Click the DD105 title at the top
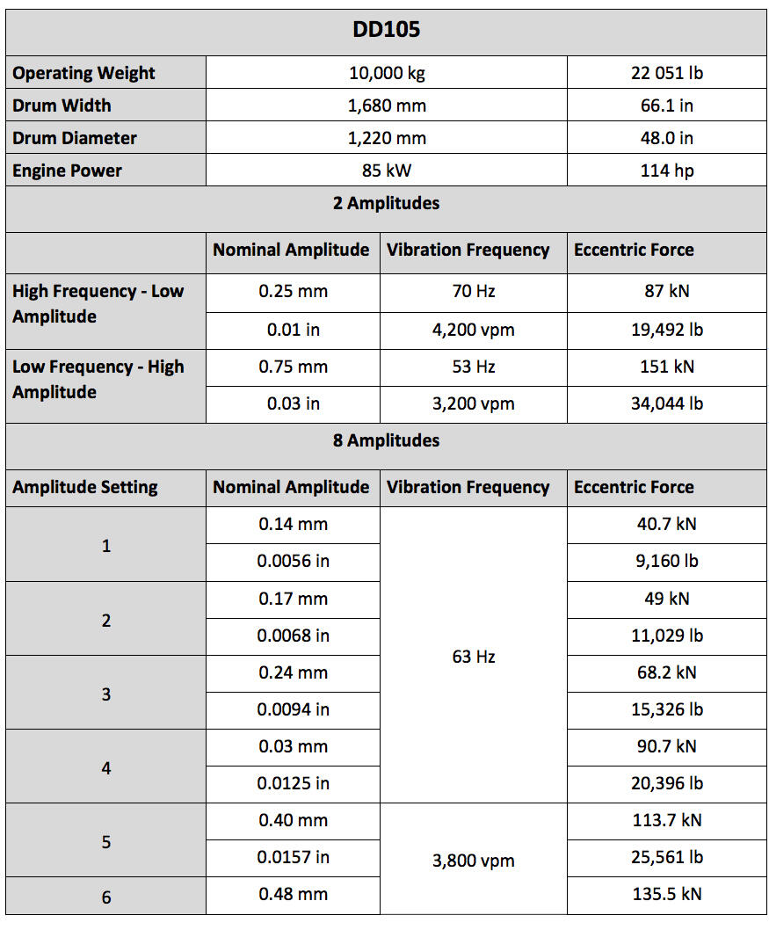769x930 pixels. coord(386,30)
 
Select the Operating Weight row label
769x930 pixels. coord(83,73)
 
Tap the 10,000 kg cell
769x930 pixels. coord(387,73)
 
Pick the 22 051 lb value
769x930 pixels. coord(666,73)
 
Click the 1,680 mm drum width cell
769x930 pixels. coord(387,105)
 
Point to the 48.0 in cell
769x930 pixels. coord(666,138)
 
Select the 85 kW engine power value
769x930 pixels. coord(387,171)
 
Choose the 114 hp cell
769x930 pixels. coord(666,171)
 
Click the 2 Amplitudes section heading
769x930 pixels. coord(386,203)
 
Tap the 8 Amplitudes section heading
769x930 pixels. coord(386,440)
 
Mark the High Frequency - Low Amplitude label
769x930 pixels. coord(98,303)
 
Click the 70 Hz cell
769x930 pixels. coord(474,291)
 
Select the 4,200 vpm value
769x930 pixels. coord(474,330)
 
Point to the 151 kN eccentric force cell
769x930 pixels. coord(666,367)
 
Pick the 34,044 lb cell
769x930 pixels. coord(666,403)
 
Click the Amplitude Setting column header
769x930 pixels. coord(85,487)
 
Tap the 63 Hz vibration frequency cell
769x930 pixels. coord(474,657)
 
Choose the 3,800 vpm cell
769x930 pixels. coord(474,861)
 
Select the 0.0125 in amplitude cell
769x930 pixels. coord(293,783)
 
